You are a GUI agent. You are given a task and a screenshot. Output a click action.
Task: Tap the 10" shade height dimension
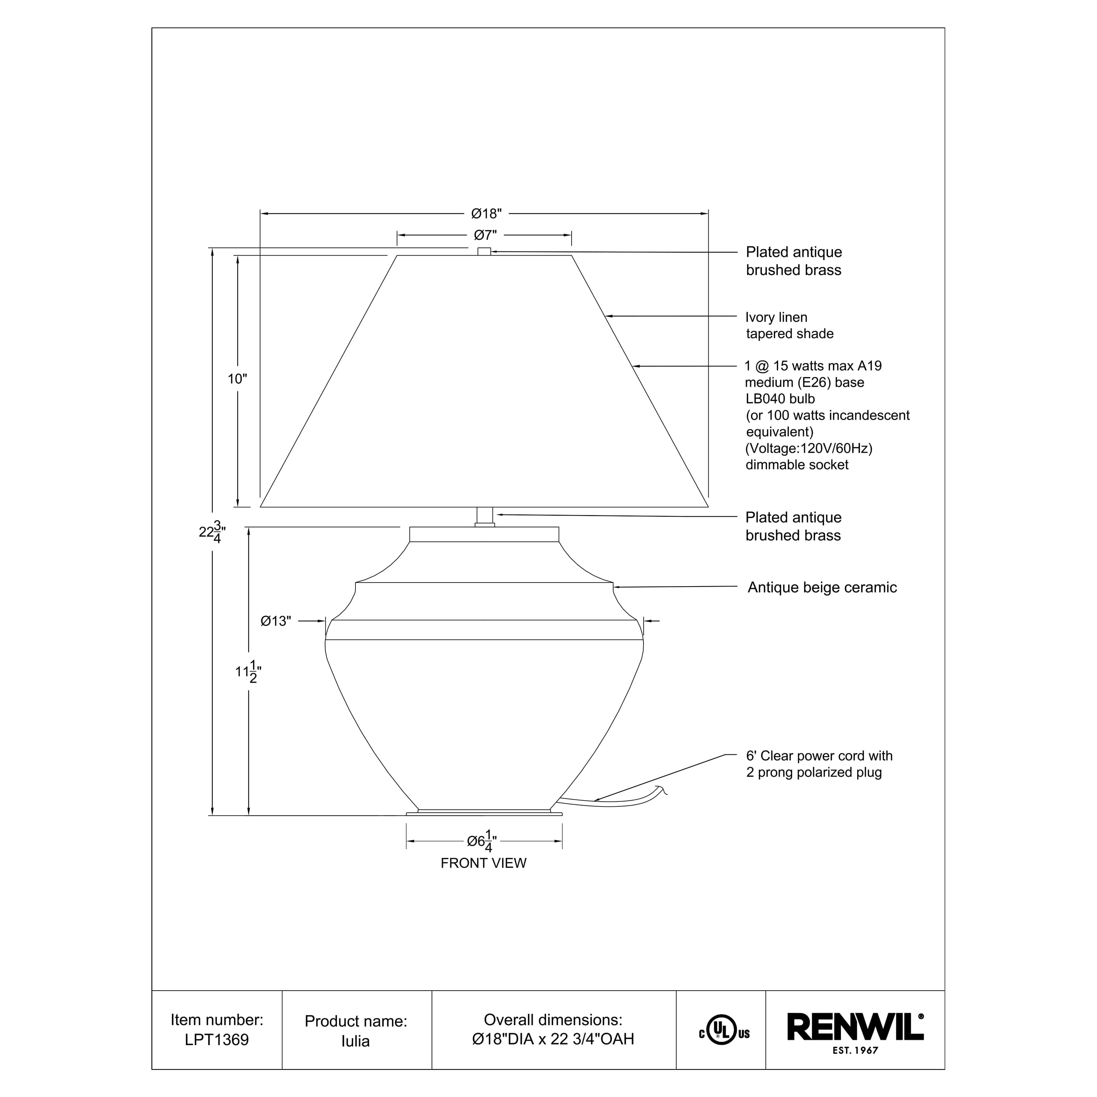point(237,379)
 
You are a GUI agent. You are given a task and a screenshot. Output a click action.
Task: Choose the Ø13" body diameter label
point(276,621)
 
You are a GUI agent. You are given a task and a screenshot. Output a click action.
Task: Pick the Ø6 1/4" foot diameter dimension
point(482,841)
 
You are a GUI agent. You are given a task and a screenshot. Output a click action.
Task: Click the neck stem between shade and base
point(485,516)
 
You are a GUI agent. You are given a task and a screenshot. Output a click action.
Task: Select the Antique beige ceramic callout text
point(822,588)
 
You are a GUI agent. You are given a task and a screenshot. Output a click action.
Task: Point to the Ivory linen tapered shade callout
point(789,325)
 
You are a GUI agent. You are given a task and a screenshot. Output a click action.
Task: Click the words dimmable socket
point(797,464)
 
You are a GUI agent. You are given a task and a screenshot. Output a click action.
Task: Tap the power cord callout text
point(819,764)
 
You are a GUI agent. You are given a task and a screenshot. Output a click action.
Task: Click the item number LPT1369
point(217,1040)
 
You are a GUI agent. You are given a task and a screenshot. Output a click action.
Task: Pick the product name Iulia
point(355,1041)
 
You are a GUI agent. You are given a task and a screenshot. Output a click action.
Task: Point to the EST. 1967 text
point(855,1051)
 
